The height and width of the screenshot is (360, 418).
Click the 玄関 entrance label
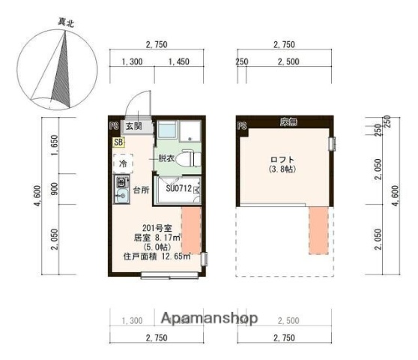(135, 126)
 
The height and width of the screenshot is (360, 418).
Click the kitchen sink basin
(118, 196)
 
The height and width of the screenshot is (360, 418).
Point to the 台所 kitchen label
(141, 190)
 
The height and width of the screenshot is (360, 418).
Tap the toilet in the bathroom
(189, 159)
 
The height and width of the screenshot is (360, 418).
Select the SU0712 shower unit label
(178, 189)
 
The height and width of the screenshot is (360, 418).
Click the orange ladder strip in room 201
(192, 232)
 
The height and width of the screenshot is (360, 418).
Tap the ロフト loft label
(283, 160)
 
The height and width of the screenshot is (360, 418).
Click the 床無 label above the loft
(285, 121)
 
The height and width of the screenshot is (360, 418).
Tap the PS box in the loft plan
(241, 125)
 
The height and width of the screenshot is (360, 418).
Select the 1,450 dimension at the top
(179, 62)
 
